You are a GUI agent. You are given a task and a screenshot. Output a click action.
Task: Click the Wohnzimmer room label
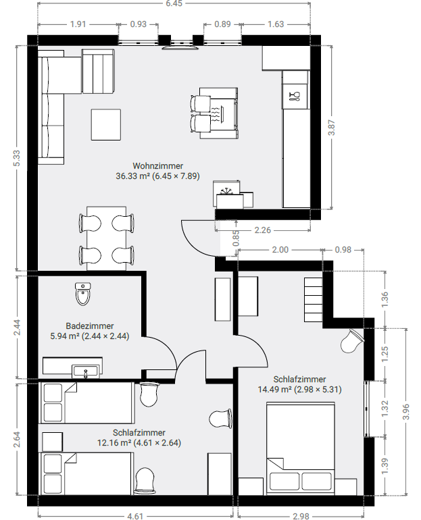click(x=158, y=166)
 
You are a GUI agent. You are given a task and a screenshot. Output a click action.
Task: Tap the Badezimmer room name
click(x=90, y=326)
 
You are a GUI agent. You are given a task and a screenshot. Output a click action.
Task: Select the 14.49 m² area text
click(x=274, y=390)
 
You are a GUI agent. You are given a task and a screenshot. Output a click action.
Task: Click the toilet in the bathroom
click(x=83, y=294)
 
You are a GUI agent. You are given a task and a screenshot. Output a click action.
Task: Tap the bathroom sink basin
click(x=86, y=371)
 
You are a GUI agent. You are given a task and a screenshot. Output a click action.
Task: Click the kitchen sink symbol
click(x=295, y=96)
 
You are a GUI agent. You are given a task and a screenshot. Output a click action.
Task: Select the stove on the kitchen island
click(x=219, y=115)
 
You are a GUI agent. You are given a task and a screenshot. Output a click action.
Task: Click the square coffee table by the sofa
click(x=106, y=125)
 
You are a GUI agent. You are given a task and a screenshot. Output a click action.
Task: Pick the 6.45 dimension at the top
click(x=174, y=3)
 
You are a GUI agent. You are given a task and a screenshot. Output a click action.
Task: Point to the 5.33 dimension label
click(x=18, y=158)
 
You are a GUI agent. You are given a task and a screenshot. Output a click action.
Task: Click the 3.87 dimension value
click(x=331, y=128)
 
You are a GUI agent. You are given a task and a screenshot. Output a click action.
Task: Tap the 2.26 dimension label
click(x=263, y=230)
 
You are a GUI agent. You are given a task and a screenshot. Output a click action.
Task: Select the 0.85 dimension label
click(x=236, y=238)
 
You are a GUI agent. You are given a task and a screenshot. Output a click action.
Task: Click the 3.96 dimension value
click(x=406, y=412)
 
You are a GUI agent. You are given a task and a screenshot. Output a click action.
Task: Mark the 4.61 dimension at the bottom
click(x=135, y=516)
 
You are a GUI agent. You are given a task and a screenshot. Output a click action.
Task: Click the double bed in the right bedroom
click(x=301, y=448)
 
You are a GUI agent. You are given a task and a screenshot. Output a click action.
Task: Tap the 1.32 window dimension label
click(x=385, y=409)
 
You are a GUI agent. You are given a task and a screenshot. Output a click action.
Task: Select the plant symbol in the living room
click(x=228, y=191)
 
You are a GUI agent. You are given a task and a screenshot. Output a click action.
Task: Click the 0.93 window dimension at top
click(x=139, y=24)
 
